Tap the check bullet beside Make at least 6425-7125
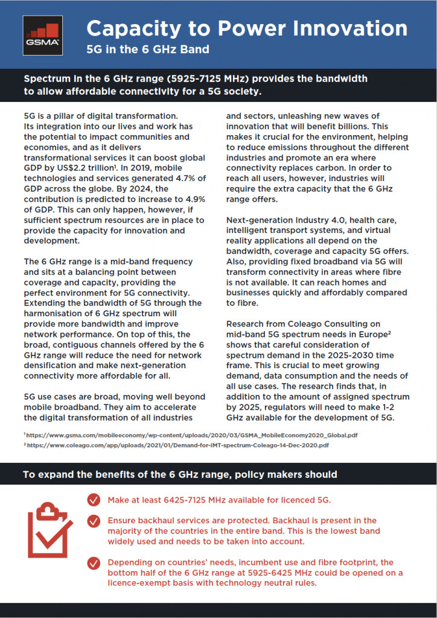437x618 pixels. pos(94,500)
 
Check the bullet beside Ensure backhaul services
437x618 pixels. pos(94,520)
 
